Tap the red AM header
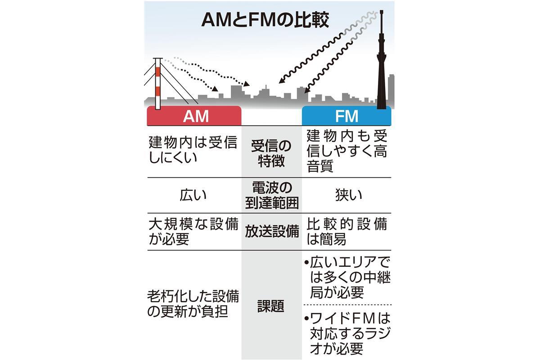(x=194, y=116)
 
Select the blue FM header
(x=346, y=116)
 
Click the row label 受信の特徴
(x=271, y=153)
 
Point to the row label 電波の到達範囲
(x=271, y=195)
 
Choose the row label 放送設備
(x=271, y=231)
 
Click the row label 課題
(x=271, y=306)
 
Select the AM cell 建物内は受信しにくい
(x=193, y=150)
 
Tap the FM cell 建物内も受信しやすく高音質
(x=346, y=151)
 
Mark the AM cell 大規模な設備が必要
(x=193, y=231)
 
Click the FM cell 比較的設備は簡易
(x=346, y=231)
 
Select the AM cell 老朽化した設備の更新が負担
(x=193, y=303)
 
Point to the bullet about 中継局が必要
(x=346, y=278)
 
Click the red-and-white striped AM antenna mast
(x=157, y=83)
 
